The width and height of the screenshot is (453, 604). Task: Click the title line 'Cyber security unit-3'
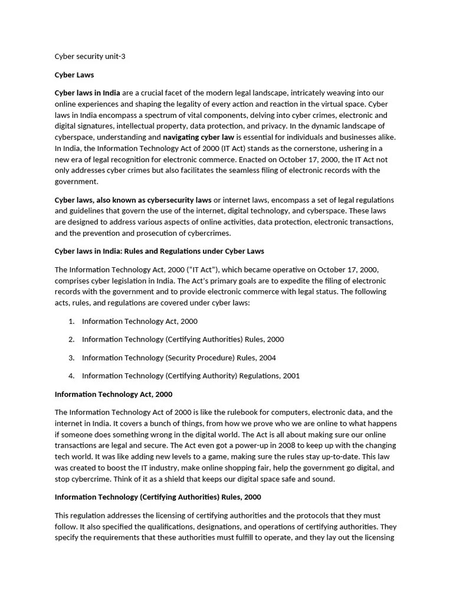[x=90, y=57]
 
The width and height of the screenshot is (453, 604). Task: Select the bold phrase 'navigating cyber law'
[x=198, y=137]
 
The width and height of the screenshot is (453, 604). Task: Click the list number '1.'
[x=71, y=321]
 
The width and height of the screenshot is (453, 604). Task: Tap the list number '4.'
[x=71, y=376]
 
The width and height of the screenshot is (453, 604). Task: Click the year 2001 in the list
[x=291, y=376]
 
